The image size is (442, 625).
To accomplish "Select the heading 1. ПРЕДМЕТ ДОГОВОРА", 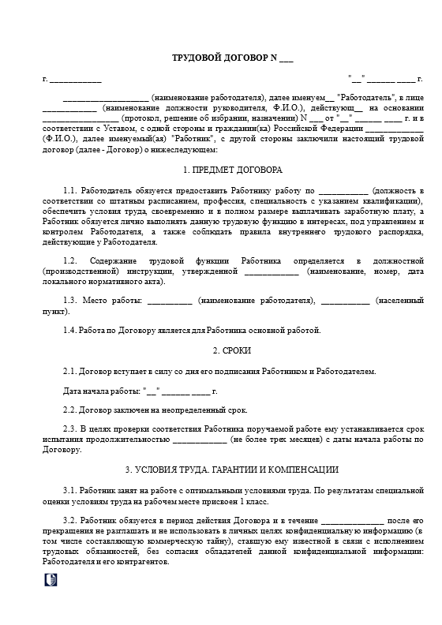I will coord(221,170).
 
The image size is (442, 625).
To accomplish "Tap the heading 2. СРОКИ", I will coord(221,350).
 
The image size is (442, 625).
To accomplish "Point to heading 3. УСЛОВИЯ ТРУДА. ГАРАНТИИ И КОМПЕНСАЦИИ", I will coord(221,470).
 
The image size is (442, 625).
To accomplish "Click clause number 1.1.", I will coord(71,191).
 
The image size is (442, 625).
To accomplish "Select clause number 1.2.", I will coord(71,260).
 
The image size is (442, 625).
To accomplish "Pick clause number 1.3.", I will coord(71,301).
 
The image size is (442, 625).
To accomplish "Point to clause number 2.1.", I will coord(69,370).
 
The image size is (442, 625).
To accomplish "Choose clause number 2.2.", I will coord(69,410).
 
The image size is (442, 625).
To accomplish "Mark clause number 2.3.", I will coord(69,430).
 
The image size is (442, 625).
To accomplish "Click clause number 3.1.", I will coord(69,491).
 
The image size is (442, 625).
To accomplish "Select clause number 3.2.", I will coord(69,522).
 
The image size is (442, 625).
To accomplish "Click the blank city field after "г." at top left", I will coord(76,80).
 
